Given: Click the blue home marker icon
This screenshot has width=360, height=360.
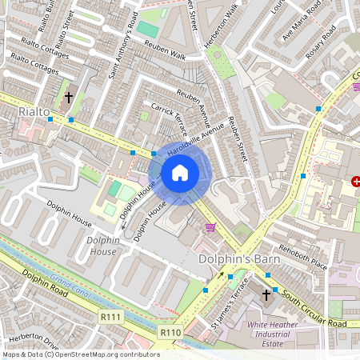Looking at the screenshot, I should [x=180, y=172].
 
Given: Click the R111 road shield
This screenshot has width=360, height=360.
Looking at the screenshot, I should [x=111, y=318].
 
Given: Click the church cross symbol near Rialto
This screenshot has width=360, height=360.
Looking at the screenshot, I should [x=68, y=98].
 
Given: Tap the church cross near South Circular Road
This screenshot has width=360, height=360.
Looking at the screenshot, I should [x=266, y=296].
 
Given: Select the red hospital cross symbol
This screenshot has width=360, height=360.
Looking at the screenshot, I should [x=355, y=182].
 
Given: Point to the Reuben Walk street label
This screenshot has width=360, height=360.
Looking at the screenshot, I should [x=165, y=56].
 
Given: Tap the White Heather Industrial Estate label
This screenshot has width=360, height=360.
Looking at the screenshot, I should [x=278, y=330].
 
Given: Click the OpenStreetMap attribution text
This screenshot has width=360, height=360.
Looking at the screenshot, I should [x=80, y=354].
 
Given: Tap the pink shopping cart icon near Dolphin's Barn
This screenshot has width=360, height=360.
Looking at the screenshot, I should [x=210, y=228].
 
